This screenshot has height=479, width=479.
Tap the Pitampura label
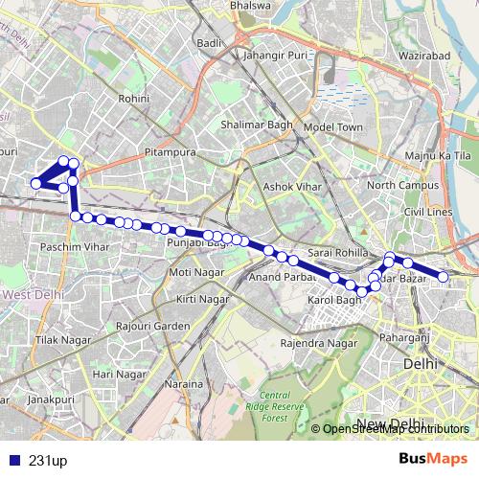coord(170,152)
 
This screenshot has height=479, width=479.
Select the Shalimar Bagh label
coord(252,124)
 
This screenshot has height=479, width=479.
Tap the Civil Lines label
coord(428,211)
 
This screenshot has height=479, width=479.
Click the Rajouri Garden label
coord(152,326)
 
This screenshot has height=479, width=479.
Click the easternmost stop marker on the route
coord(444,277)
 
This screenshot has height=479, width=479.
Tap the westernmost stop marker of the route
coord(35,184)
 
